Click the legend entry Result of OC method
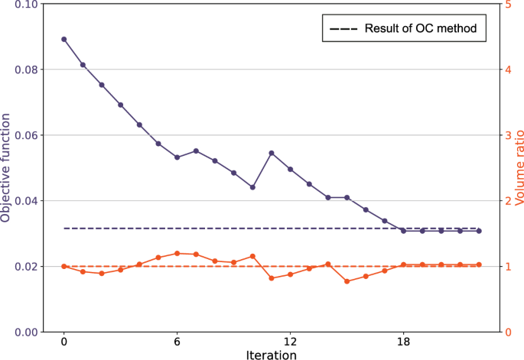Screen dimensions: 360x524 click(x=402, y=29)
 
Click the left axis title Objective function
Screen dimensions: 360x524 click(x=7, y=167)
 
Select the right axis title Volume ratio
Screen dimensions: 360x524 click(x=518, y=167)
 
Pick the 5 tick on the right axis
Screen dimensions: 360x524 click(x=509, y=5)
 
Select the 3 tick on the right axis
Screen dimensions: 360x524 click(x=509, y=135)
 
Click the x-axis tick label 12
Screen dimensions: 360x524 click(x=290, y=342)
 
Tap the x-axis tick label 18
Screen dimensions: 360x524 click(x=403, y=342)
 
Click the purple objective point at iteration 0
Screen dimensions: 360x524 click(x=63, y=39)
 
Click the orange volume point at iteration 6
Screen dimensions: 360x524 click(x=177, y=253)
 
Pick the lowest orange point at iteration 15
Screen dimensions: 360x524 click(x=347, y=281)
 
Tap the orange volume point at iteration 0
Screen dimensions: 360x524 click(x=63, y=266)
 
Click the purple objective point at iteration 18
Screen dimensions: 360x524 click(x=403, y=231)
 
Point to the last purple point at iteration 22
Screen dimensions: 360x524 click(x=479, y=231)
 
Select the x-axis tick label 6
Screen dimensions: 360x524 click(x=177, y=342)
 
